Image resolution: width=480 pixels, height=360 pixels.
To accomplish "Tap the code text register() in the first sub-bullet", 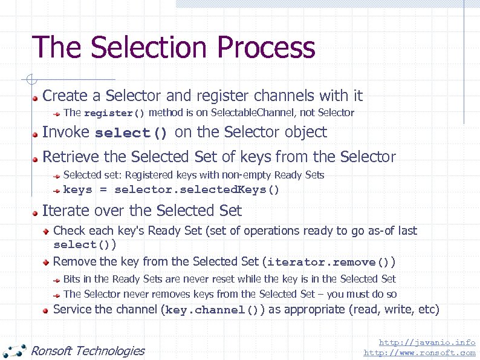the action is tap(114, 113).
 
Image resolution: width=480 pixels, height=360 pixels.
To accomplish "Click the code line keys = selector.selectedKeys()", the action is tap(172, 190).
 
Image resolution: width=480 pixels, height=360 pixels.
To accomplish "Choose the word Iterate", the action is tap(63, 211).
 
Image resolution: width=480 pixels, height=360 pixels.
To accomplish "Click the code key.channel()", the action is tap(212, 310).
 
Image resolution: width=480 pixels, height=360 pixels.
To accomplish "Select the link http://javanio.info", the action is tap(427, 342).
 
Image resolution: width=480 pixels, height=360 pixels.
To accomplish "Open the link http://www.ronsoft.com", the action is tap(420, 352).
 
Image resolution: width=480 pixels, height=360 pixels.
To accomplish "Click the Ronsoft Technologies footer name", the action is tap(88, 350).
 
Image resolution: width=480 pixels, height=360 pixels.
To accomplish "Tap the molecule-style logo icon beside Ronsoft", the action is tap(15, 350).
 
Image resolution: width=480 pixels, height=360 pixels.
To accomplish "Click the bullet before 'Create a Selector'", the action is tap(36, 97).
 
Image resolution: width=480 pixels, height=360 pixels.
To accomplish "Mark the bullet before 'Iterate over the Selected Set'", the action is tap(36, 212).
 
